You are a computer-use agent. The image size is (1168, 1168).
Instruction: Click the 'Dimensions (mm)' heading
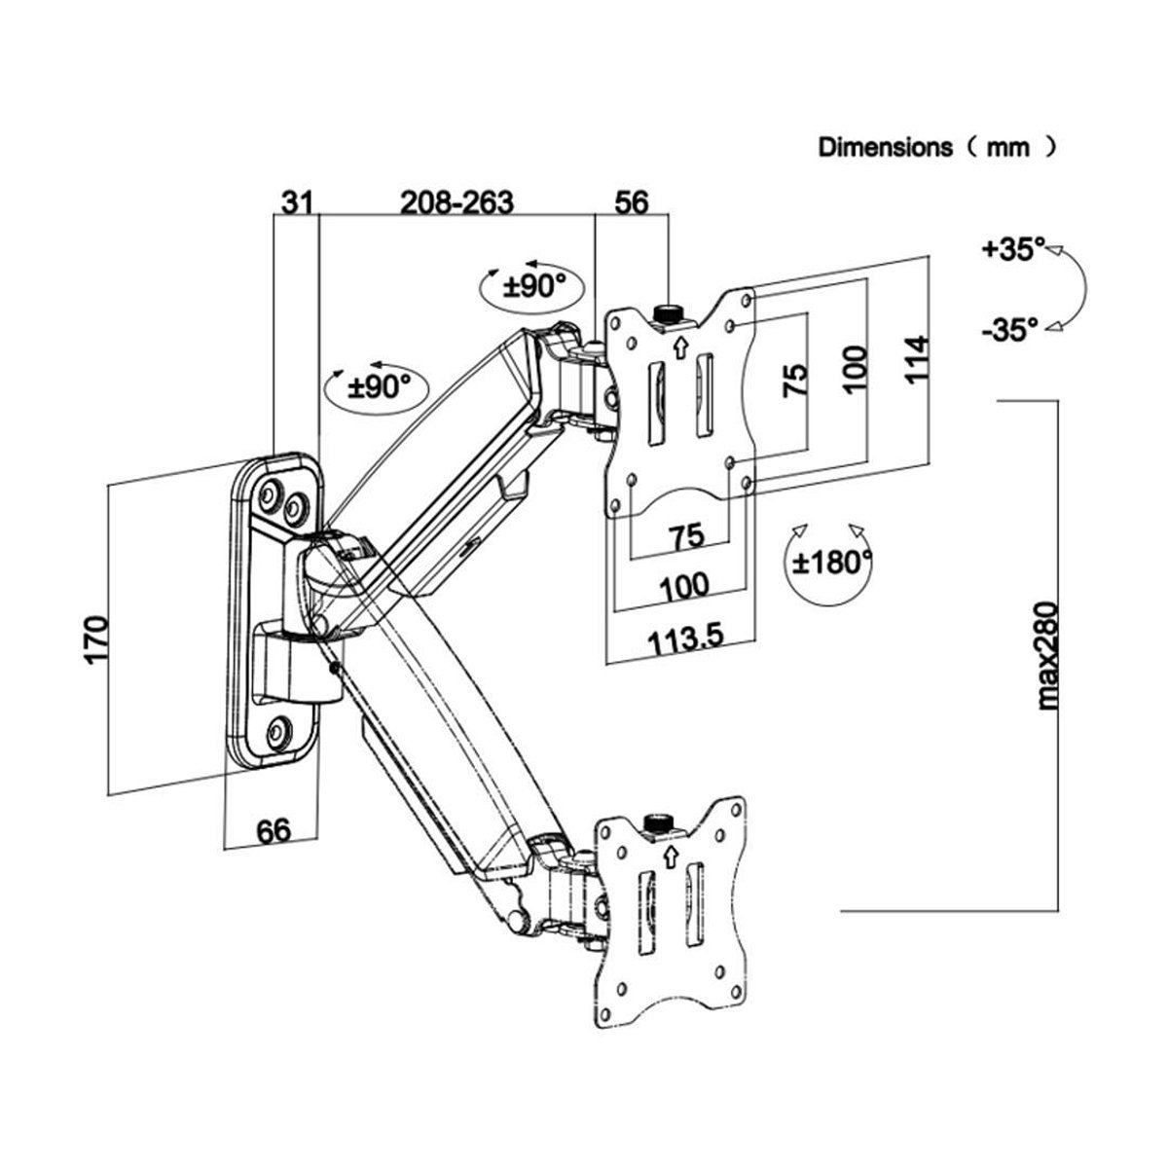click(937, 147)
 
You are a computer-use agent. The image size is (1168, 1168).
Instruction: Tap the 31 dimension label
click(297, 202)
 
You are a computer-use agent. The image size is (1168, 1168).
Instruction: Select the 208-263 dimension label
click(456, 202)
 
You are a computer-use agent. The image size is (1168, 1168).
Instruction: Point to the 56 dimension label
click(632, 202)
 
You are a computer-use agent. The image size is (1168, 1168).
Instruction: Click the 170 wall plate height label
click(96, 640)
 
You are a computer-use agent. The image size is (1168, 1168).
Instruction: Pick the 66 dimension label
click(274, 830)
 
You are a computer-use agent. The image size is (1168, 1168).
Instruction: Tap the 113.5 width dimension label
click(685, 639)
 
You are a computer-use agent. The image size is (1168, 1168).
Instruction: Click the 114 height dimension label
click(916, 359)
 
